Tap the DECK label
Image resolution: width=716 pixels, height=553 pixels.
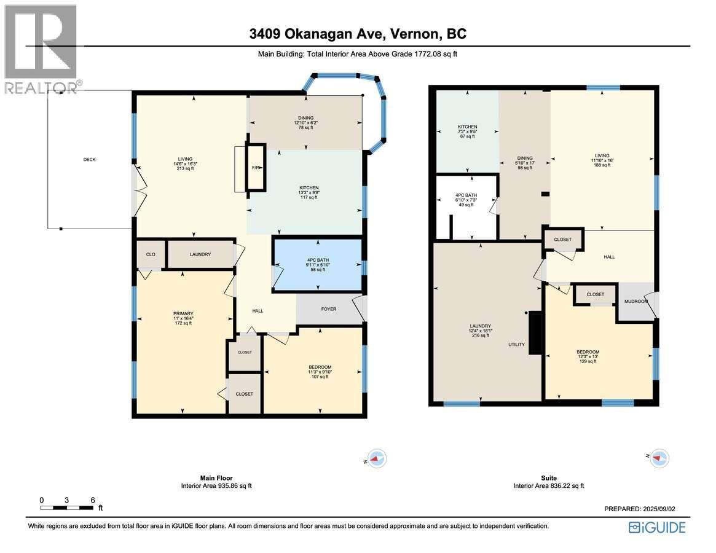click(x=90, y=159)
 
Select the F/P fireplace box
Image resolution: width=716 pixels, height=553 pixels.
click(x=256, y=167)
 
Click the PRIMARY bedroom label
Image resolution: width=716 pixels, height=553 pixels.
click(x=183, y=314)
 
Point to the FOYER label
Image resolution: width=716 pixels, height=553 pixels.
click(x=328, y=309)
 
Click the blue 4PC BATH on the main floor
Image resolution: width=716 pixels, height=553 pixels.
click(x=318, y=264)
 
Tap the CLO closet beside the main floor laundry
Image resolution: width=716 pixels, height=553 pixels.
click(x=151, y=254)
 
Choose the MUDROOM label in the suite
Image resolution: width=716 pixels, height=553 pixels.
click(x=636, y=302)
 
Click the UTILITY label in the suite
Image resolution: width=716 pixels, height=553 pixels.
click(x=516, y=344)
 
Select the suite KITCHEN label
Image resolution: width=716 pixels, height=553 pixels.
click(x=468, y=127)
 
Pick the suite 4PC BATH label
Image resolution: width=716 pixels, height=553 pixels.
click(x=466, y=195)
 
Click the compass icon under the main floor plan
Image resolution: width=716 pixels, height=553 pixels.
click(x=376, y=458)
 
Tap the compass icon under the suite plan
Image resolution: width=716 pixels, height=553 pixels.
click(x=658, y=458)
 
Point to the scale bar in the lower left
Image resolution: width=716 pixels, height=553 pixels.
click(x=67, y=508)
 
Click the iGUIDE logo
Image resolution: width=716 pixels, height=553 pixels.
click(x=657, y=528)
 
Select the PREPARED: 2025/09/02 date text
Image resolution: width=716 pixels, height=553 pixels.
click(x=639, y=509)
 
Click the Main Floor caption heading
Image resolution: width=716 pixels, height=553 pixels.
click(x=216, y=478)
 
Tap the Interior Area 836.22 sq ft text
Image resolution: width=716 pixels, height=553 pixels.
click(x=548, y=486)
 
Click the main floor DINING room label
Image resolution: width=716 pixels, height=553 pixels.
click(x=306, y=118)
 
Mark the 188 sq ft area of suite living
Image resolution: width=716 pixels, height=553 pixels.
click(x=602, y=165)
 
